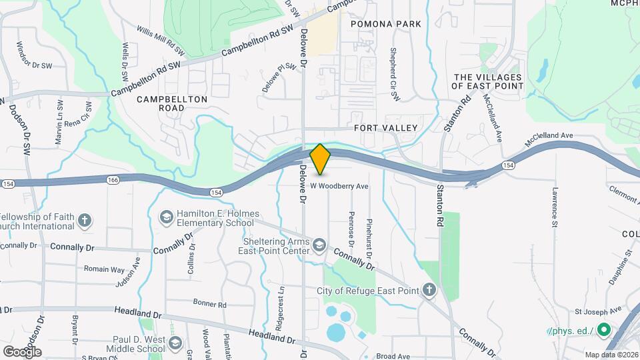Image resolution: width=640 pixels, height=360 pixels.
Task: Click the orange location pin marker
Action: [321, 159]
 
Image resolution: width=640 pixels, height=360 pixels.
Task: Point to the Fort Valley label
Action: [386, 127]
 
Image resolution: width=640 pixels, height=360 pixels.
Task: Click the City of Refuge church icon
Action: [430, 290]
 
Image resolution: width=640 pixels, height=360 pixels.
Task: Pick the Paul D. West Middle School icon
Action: [175, 343]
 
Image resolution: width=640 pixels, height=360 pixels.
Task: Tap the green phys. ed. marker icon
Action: [604, 330]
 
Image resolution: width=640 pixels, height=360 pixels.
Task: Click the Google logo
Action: [22, 351]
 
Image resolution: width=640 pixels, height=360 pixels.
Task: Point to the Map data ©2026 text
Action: [611, 354]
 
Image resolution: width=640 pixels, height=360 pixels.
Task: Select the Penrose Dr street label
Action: [351, 227]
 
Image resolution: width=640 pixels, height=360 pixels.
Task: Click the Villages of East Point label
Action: [487, 82]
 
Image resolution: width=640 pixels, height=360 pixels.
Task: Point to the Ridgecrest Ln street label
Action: [282, 309]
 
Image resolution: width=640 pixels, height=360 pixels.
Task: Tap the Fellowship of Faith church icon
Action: [85, 219]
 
